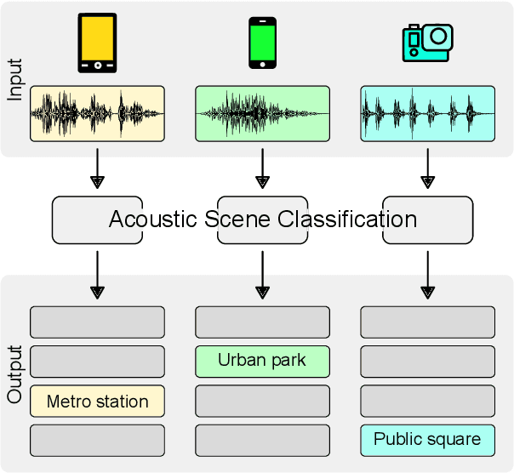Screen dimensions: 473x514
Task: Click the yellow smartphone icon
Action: [97, 42]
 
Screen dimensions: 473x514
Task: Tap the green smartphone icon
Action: [262, 43]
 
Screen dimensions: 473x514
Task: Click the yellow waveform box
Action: [97, 113]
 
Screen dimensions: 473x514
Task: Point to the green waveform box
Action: [262, 113]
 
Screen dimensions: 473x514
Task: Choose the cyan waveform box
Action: [427, 113]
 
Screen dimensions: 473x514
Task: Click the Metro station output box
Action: [97, 402]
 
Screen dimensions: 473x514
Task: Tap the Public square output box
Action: [427, 440]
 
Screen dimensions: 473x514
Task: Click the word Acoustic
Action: [154, 219]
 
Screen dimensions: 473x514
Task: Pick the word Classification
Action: [347, 219]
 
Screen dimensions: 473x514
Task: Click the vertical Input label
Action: [15, 79]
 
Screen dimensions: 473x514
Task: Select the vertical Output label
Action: [15, 374]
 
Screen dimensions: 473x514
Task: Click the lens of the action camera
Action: [439, 37]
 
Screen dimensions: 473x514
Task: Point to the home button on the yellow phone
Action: [97, 65]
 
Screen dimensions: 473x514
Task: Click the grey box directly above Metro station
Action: [97, 362]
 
